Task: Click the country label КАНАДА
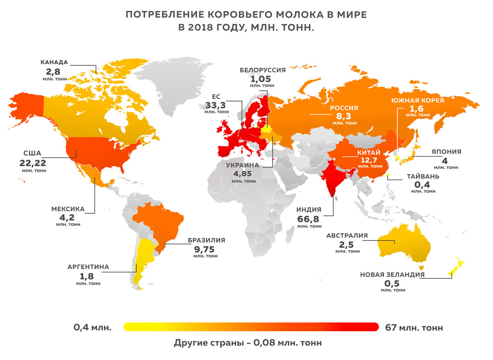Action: (54, 62)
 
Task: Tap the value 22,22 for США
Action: (33, 162)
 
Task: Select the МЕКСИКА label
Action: (68, 209)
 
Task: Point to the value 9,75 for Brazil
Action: (206, 249)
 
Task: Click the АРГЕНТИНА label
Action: (88, 267)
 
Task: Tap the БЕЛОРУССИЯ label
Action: (263, 70)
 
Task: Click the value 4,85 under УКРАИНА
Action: (243, 173)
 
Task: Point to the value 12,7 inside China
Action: (369, 159)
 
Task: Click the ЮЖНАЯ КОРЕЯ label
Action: (417, 100)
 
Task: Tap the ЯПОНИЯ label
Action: (446, 152)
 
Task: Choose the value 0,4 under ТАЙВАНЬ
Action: (423, 185)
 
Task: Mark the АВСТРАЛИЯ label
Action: (347, 236)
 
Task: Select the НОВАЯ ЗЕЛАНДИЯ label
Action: (392, 275)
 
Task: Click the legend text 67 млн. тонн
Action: (415, 328)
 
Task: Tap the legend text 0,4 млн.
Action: (92, 328)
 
